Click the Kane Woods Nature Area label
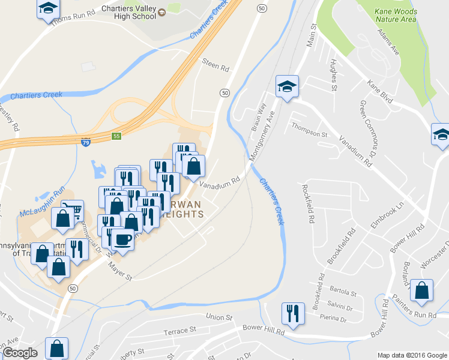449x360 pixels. [395, 15]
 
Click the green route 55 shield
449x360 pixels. [116, 137]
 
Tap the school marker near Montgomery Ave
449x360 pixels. [287, 86]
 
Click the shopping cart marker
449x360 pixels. [73, 211]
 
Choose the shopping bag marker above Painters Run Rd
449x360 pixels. [423, 290]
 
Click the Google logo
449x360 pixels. [20, 353]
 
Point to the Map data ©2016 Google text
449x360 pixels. [411, 355]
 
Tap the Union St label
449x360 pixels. [218, 317]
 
